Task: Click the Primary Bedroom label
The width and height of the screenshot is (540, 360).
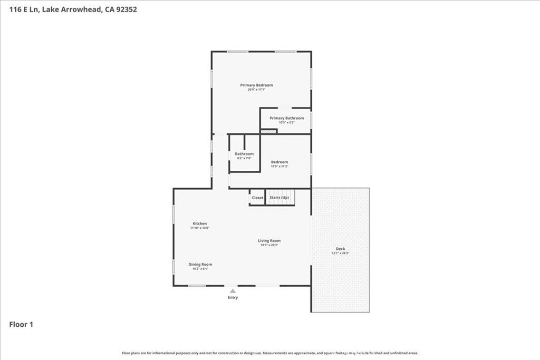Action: [x=256, y=85]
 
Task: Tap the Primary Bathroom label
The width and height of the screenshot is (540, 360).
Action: [x=286, y=118]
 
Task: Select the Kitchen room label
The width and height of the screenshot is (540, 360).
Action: [x=199, y=223]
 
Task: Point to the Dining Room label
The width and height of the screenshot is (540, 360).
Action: [x=200, y=264]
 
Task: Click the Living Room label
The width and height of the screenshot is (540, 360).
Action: [x=269, y=241]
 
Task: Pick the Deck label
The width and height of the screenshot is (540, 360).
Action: [x=340, y=249]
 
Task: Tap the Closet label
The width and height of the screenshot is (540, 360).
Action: [x=257, y=198]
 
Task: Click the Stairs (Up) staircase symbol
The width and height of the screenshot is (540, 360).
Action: [x=279, y=198]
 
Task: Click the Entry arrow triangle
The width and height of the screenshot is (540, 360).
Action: [x=233, y=290]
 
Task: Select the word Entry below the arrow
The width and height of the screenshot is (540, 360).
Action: [x=233, y=297]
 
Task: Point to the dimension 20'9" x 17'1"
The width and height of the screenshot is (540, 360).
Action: [x=256, y=90]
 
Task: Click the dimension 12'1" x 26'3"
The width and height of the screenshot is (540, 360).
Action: [x=340, y=254]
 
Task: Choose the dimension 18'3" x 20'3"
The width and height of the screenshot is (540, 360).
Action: [x=269, y=245]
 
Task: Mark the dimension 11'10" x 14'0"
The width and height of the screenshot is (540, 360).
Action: [x=199, y=228]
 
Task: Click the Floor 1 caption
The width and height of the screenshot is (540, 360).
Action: [x=21, y=325]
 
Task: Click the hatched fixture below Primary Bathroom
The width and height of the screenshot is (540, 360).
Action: [x=268, y=131]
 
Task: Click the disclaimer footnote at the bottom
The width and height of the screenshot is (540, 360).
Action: [x=270, y=353]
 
